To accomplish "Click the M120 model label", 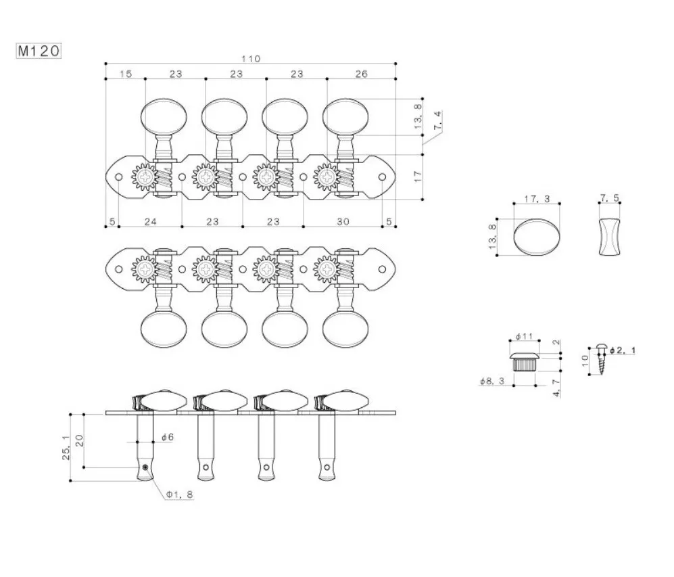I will coord(39,51).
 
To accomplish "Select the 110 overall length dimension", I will coord(251,59).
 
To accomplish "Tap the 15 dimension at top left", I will coord(126,74).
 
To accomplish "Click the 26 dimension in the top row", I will coord(361,74).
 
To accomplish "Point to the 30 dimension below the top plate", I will coord(343,221).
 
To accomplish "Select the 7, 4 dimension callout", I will coord(437,122).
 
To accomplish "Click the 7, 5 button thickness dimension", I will coord(610,200).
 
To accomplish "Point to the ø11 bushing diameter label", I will coord(525,336).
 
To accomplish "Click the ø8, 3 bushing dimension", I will coord(493,382).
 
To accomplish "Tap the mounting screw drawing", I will coord(601,359).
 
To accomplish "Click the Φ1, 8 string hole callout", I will coord(180,494).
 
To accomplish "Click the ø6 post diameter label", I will coord(167,438).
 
